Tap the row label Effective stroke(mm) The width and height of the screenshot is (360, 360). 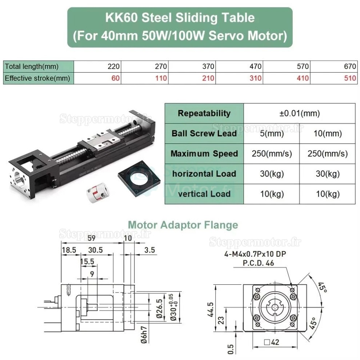click(x=37, y=78)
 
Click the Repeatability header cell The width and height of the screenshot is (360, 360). click(x=204, y=113)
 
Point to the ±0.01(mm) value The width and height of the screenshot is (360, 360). click(x=299, y=113)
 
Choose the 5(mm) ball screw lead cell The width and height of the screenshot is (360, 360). click(x=272, y=133)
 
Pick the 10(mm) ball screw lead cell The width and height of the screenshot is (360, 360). click(x=328, y=133)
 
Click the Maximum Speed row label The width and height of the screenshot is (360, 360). click(x=204, y=153)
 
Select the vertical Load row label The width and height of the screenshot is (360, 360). click(x=204, y=193)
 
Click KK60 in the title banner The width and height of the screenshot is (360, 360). click(x=123, y=17)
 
